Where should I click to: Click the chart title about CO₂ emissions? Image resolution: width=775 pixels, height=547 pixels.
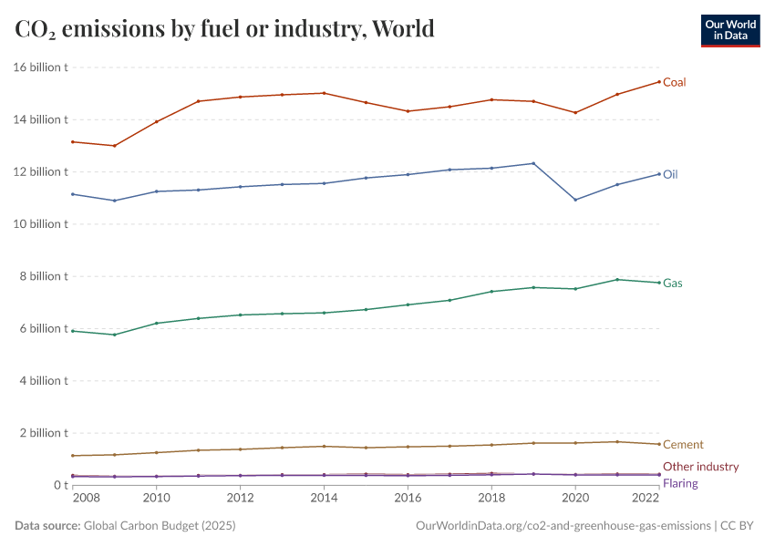click(x=224, y=29)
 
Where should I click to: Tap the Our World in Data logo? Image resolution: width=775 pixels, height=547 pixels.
click(x=729, y=30)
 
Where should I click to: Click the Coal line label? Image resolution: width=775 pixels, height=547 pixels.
click(x=674, y=82)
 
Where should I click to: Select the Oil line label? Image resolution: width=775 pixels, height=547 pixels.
click(x=670, y=174)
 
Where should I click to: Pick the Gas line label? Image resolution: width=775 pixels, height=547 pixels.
click(x=673, y=284)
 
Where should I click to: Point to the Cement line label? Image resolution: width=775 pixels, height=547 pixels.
click(x=683, y=445)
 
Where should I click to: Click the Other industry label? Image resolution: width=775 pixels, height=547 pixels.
click(x=700, y=467)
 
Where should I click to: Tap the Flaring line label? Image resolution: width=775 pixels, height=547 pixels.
click(x=681, y=483)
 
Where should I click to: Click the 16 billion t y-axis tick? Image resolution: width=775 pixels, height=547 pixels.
click(x=41, y=67)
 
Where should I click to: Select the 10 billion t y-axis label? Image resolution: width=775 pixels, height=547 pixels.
click(x=41, y=224)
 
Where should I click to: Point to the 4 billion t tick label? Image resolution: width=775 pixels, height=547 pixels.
click(x=44, y=381)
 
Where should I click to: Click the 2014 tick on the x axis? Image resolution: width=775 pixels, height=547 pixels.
click(x=324, y=499)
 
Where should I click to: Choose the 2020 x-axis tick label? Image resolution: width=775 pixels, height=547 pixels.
click(x=575, y=499)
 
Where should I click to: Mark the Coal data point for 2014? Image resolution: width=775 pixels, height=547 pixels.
click(x=324, y=93)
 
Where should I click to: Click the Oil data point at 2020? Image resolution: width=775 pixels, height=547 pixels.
click(x=575, y=200)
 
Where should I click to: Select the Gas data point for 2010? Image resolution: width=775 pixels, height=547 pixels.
click(x=156, y=323)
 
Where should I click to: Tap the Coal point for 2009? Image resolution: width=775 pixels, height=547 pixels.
click(x=114, y=146)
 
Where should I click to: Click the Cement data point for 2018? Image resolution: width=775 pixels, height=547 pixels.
click(x=491, y=445)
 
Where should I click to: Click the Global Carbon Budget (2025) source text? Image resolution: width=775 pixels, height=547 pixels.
click(x=160, y=526)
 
